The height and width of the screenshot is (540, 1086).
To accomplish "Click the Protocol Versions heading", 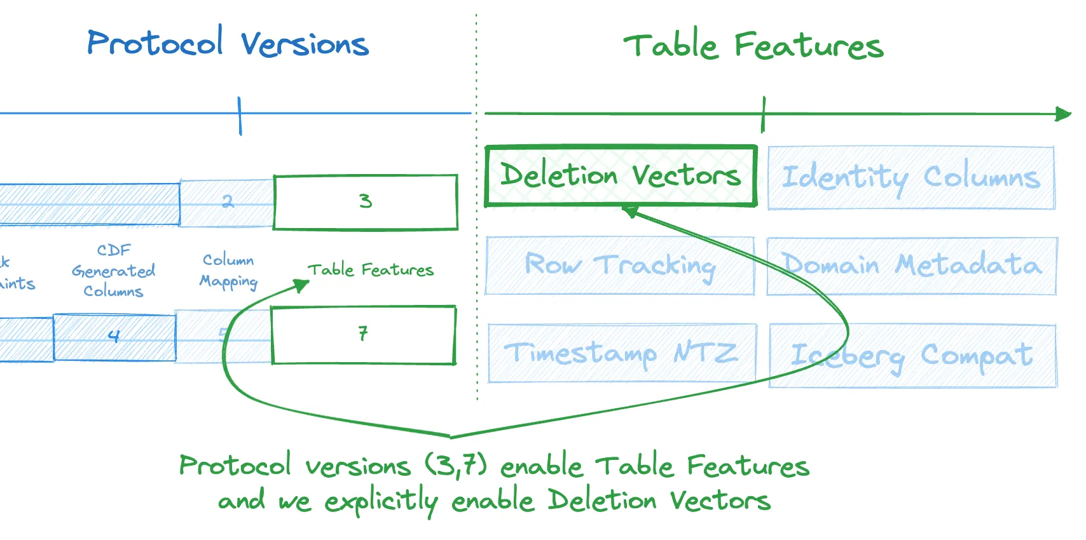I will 228,43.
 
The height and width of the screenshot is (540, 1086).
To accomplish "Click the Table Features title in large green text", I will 753,46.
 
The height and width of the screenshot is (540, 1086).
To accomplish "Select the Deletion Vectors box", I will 621,176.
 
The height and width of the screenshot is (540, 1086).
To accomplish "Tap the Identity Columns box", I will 911,178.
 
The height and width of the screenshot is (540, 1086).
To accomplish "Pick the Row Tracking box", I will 620,266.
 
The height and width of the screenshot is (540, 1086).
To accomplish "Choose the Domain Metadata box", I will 911,266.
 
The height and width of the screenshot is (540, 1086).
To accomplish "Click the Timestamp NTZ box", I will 622,353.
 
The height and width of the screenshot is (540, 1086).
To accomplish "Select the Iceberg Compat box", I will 912,356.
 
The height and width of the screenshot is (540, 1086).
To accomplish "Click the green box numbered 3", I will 366,202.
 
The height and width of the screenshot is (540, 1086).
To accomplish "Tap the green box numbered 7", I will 363,335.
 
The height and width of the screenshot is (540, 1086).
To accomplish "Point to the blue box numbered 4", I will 114,337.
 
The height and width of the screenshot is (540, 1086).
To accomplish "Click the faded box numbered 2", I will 227,203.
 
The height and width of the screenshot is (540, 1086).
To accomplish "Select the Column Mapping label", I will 228,271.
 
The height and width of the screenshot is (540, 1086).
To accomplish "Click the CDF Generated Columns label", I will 113,271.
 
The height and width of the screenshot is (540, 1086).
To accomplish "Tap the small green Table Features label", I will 370,270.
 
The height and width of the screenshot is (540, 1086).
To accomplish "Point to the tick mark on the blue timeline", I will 240,115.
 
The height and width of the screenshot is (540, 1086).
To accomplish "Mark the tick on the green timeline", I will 764,114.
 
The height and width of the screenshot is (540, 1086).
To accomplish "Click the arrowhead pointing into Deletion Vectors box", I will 630,212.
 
